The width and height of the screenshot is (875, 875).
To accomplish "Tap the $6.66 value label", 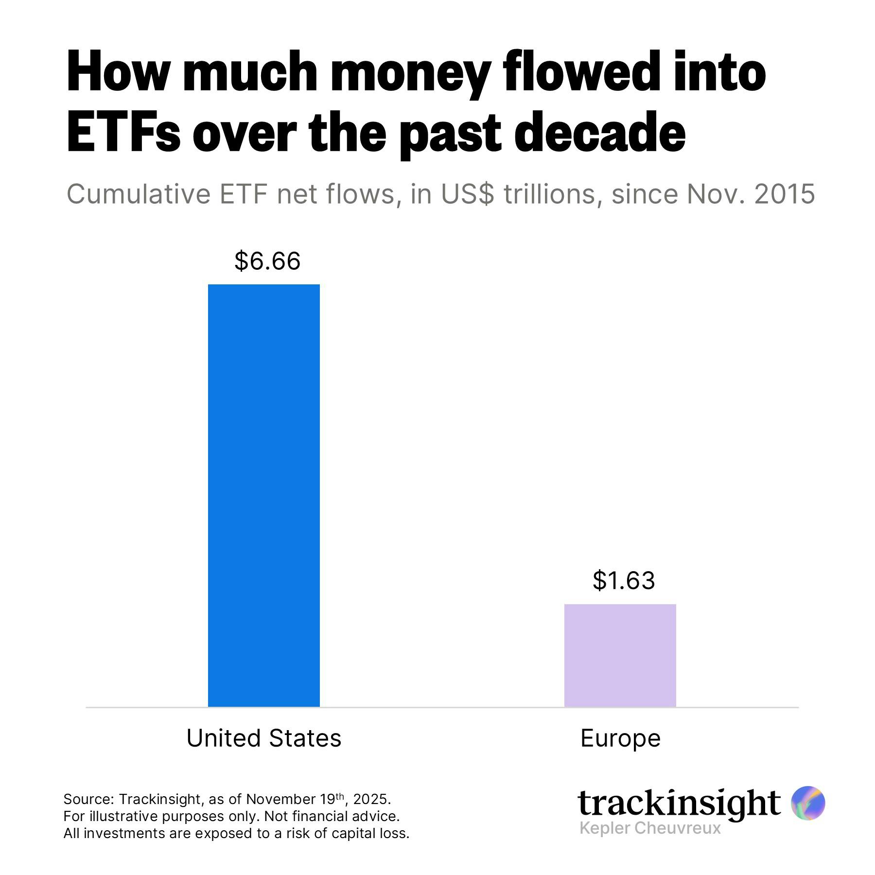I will tap(267, 261).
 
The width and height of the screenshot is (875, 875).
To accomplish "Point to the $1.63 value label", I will tap(624, 580).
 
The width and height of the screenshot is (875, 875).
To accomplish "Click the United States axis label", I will tap(263, 738).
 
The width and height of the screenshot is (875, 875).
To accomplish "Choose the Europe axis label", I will tap(620, 738).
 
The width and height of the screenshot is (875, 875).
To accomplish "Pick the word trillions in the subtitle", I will tap(549, 194).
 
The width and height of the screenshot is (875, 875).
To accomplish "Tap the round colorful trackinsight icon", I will tap(808, 803).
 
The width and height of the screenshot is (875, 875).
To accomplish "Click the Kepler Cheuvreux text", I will tap(650, 828).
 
